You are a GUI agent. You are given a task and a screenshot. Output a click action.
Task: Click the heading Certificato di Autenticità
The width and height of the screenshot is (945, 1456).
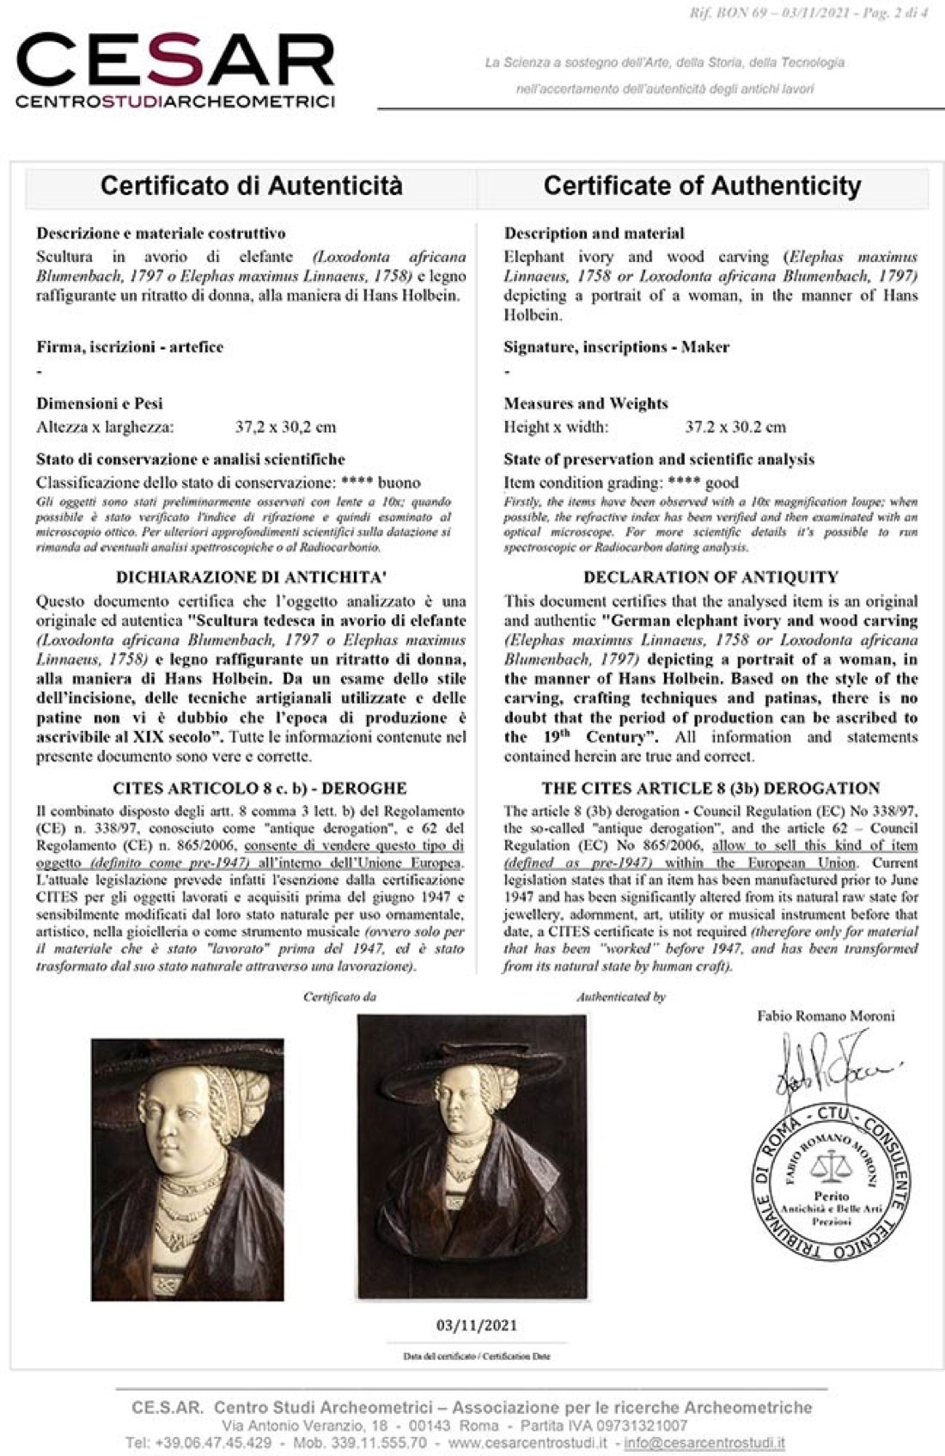click(251, 186)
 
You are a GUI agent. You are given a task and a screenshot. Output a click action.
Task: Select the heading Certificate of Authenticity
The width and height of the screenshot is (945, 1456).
click(702, 186)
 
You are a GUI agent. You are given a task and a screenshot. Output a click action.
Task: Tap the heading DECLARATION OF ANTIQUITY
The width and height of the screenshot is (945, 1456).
click(710, 577)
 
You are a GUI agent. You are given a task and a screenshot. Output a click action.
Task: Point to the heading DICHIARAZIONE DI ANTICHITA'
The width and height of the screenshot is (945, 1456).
click(250, 577)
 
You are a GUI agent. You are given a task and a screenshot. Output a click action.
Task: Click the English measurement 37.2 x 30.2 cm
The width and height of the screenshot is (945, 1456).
click(735, 427)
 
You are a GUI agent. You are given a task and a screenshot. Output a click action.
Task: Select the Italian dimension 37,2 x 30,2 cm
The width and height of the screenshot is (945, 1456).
click(285, 427)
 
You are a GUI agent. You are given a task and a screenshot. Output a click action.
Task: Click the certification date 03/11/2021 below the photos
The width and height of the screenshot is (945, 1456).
click(477, 1325)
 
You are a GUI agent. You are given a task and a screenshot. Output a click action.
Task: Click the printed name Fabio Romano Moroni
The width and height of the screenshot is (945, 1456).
click(826, 1016)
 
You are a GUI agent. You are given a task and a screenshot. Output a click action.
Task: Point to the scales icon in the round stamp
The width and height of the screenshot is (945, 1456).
click(829, 1167)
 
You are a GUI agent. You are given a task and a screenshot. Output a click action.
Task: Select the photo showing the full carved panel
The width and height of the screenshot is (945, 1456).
click(472, 1156)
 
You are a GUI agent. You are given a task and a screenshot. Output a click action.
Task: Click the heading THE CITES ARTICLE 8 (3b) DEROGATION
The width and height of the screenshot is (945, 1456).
click(710, 788)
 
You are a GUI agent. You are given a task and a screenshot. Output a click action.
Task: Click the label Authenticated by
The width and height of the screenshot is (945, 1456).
click(620, 997)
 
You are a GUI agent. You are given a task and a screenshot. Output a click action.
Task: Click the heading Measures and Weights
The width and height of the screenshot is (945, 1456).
click(585, 403)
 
